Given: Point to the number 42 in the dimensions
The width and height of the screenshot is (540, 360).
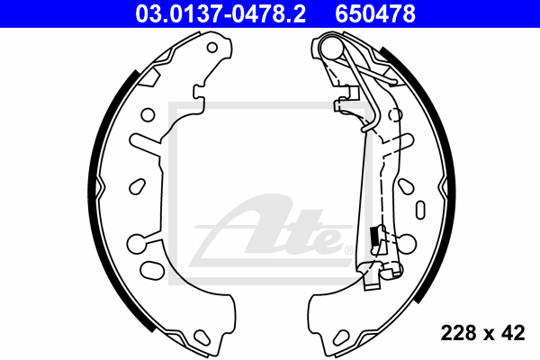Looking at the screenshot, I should tap(514, 333).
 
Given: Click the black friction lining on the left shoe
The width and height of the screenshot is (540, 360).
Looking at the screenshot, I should tap(107, 180).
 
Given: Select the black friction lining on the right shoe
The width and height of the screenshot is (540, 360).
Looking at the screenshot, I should tap(438, 180).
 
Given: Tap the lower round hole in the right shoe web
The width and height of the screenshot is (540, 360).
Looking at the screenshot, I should tap(406, 241).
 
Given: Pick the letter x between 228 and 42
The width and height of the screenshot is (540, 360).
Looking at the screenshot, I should tap(487, 334).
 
